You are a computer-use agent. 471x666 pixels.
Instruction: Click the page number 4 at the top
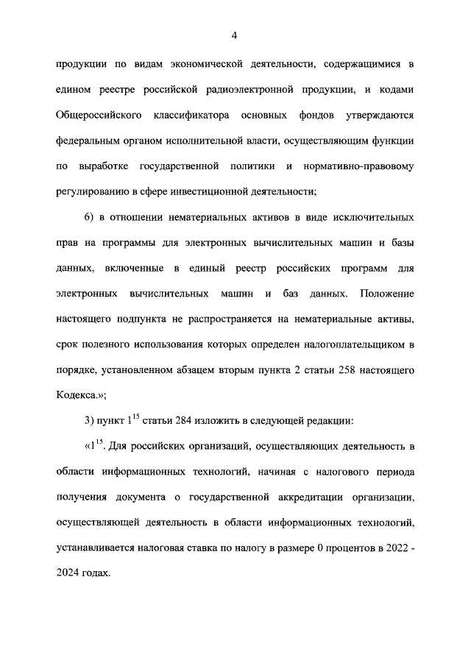pos(235,35)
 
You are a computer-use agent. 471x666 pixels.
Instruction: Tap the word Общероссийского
pos(94,116)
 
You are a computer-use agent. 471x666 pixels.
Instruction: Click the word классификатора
pos(192,116)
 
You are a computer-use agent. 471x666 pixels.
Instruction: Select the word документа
pos(139,498)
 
